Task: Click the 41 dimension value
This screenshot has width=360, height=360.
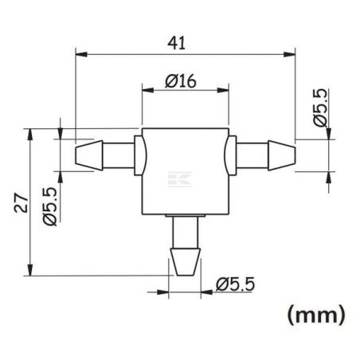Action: [177, 43]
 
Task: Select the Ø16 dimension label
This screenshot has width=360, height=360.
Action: [181, 81]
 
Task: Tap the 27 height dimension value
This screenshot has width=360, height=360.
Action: [21, 203]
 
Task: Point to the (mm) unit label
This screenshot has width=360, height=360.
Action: [316, 315]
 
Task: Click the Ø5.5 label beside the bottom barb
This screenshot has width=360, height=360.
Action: [235, 284]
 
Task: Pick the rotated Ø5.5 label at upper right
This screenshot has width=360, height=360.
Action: [319, 108]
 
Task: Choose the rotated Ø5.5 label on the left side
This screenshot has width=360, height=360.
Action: [50, 207]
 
